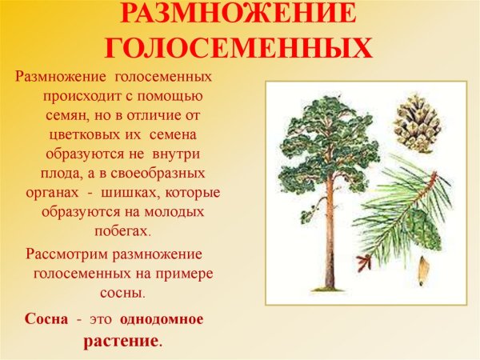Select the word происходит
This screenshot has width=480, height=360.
[83, 96]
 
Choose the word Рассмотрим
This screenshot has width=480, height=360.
[66, 254]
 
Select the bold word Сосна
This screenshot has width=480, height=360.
[46, 318]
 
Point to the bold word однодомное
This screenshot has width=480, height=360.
[162, 318]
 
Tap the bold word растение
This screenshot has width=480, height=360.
[121, 340]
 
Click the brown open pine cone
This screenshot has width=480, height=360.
[416, 121]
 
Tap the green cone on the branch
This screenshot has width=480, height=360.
[422, 227]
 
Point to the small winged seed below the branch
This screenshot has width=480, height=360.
[422, 274]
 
